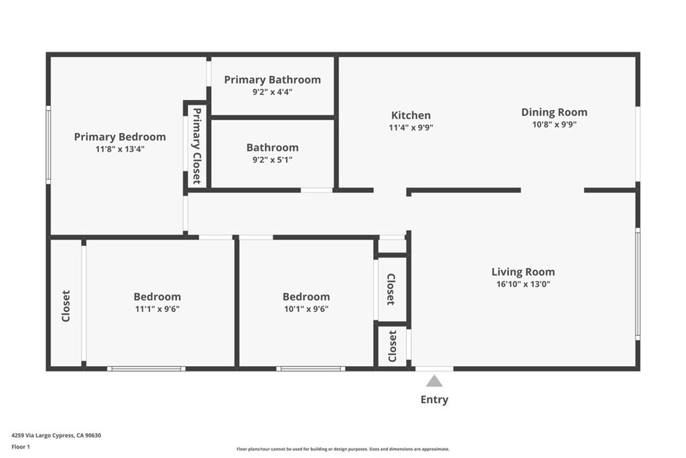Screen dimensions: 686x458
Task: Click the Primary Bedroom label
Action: [x=120, y=137]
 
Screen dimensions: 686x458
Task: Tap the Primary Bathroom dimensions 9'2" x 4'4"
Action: [x=272, y=92]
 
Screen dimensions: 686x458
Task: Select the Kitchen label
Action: [x=411, y=115]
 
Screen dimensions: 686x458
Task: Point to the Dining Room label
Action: [x=554, y=112]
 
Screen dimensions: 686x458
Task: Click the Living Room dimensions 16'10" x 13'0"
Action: [x=523, y=284]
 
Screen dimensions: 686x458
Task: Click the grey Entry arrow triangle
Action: [x=434, y=381]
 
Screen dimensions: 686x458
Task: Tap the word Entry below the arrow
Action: [x=434, y=400]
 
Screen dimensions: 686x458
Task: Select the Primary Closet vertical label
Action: [x=197, y=146]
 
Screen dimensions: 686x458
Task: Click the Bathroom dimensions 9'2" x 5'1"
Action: [x=272, y=160]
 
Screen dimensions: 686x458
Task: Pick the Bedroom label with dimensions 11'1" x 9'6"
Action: [x=157, y=296]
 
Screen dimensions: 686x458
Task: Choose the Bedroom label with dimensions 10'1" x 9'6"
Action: [x=306, y=296]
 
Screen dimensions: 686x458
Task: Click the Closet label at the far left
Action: [x=66, y=306]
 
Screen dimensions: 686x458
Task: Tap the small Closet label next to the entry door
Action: [x=393, y=346]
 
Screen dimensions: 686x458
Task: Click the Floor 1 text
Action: [x=21, y=447]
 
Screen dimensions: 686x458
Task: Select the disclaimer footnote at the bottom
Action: [x=343, y=449]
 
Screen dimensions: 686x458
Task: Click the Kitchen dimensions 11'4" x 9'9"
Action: [x=411, y=127]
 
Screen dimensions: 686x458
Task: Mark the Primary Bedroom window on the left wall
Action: [x=48, y=145]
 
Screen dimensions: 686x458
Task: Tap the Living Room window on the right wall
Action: [x=638, y=284]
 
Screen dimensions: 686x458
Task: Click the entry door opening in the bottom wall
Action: [x=434, y=369]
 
